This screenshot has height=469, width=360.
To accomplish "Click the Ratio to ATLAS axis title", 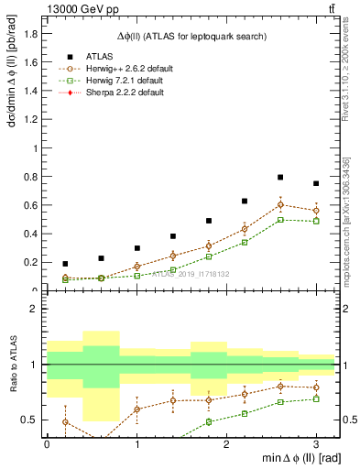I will pos(11,365).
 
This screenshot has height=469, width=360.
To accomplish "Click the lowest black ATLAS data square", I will pos(64,264).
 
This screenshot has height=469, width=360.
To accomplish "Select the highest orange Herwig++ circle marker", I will pos(280,204).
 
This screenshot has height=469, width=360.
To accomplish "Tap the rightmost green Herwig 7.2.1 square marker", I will pos(316,221).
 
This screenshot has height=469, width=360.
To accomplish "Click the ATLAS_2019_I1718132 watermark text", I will pos(190,273).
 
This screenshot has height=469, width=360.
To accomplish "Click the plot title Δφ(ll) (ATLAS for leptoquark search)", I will pos(191,36).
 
